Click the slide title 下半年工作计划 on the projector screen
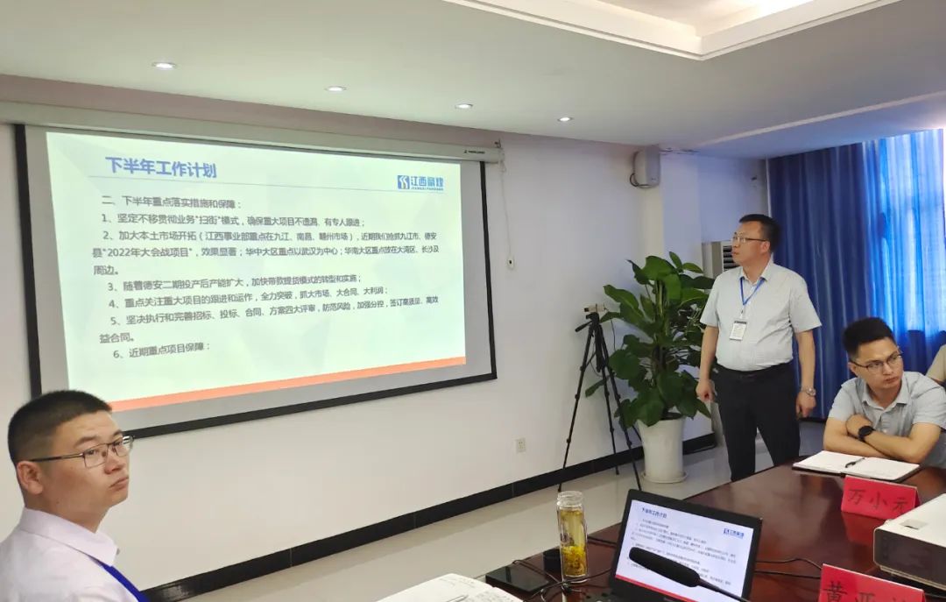[160, 168]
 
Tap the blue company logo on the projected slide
[420, 182]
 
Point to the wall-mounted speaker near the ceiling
[646, 166]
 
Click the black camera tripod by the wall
[599, 386]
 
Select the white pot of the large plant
[663, 449]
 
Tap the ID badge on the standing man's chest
[738, 329]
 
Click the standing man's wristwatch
[808, 392]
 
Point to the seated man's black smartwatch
[865, 432]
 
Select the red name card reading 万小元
[879, 498]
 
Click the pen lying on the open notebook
[854, 462]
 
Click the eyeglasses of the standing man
[748, 238]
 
